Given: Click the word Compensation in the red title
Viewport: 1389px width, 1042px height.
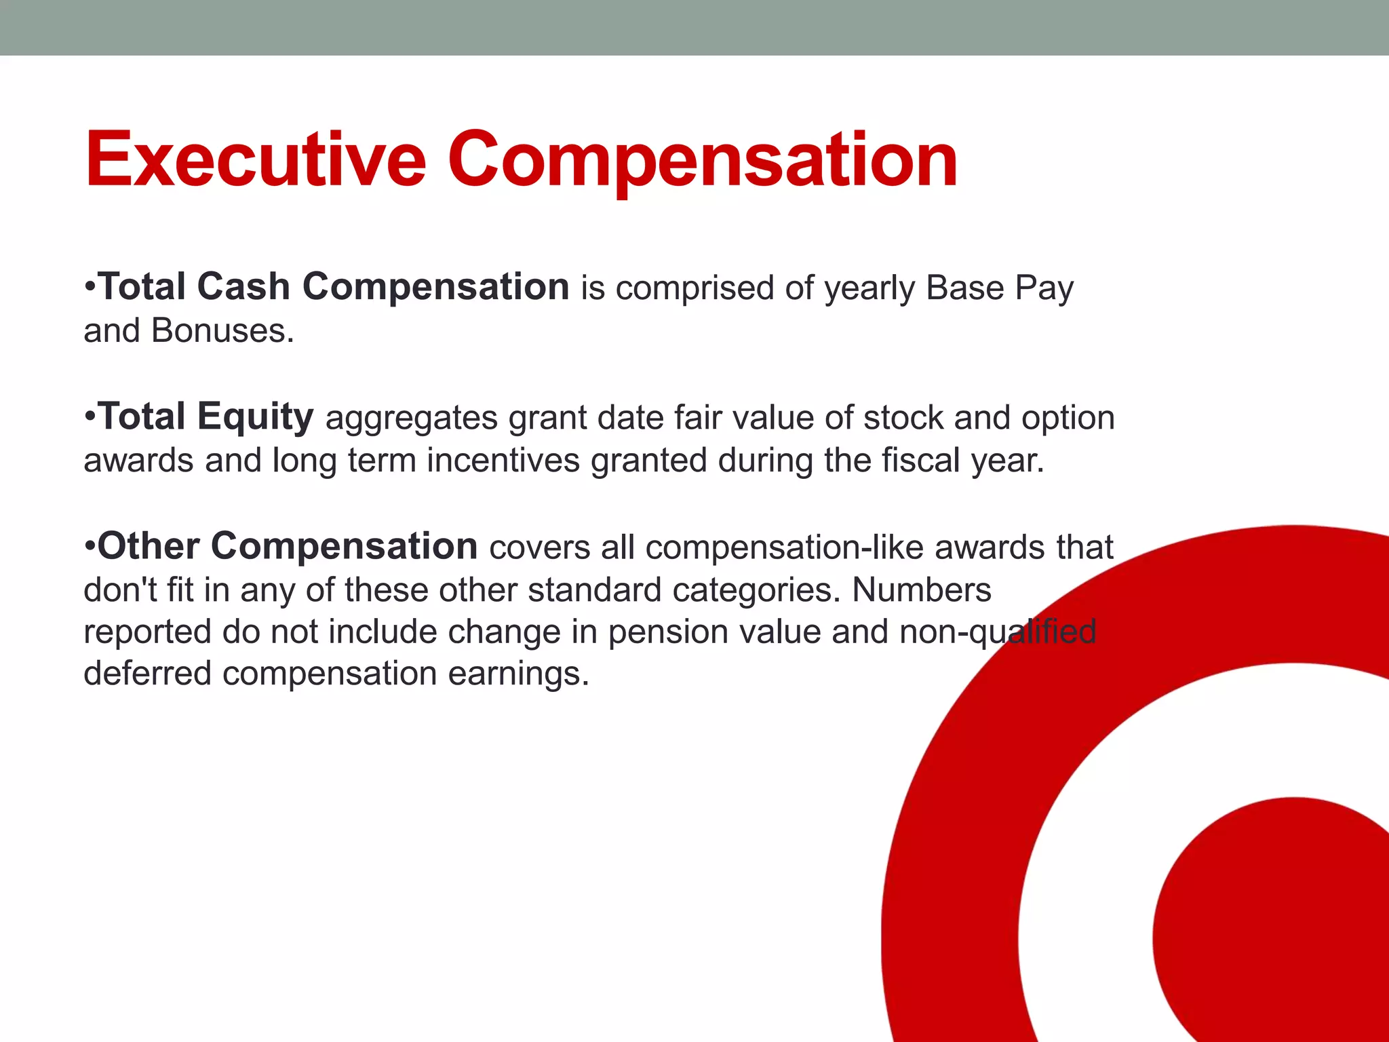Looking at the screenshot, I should [702, 160].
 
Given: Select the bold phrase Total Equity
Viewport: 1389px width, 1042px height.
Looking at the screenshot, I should [206, 416].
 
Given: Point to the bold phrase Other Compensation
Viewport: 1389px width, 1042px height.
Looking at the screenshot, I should [288, 546].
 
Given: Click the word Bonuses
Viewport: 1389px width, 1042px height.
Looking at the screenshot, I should [222, 331].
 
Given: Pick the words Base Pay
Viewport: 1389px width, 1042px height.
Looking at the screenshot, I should [999, 288].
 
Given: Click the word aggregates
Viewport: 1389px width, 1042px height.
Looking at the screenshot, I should [412, 418].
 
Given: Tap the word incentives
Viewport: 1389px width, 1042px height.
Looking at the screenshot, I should [503, 461].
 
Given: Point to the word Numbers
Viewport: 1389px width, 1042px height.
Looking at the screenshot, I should [921, 590].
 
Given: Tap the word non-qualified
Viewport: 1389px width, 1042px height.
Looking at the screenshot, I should [997, 632].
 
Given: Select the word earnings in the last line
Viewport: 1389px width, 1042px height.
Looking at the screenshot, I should [518, 674].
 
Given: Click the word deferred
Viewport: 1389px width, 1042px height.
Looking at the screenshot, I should [147, 674].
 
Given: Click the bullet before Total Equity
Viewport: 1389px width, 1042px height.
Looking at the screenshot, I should [90, 416].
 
